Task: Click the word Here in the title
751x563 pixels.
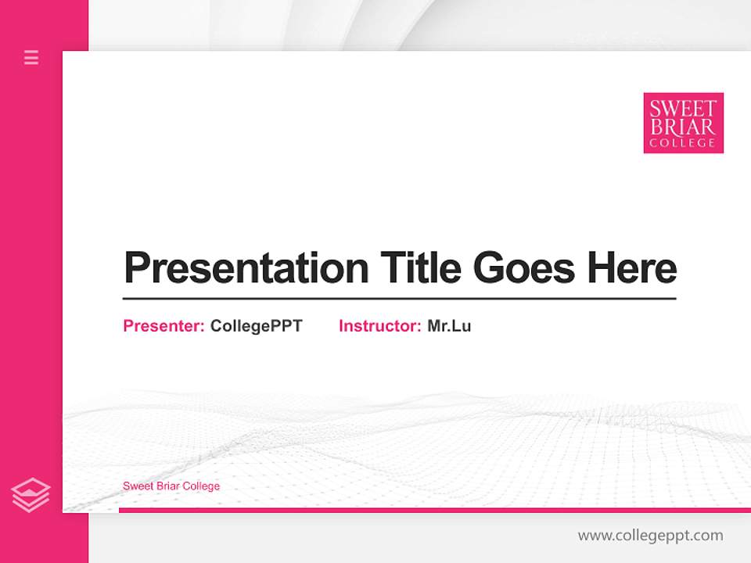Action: click(x=632, y=268)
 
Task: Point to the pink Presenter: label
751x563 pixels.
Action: click(x=163, y=326)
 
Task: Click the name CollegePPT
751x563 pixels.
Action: click(x=256, y=326)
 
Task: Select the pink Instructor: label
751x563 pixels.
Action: click(x=379, y=326)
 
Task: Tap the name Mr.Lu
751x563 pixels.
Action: click(x=449, y=326)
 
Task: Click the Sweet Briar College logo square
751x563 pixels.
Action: click(x=683, y=123)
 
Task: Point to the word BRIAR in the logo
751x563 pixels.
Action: click(x=683, y=126)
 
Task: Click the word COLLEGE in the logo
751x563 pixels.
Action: click(x=683, y=143)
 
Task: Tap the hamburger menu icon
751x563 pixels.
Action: click(x=31, y=57)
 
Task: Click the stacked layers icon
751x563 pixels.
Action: click(x=31, y=495)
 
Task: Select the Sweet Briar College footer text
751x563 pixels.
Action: click(x=171, y=486)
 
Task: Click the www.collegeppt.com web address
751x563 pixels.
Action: click(x=650, y=536)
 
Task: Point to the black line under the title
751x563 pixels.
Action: click(x=399, y=299)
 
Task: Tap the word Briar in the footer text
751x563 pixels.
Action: click(x=167, y=486)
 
